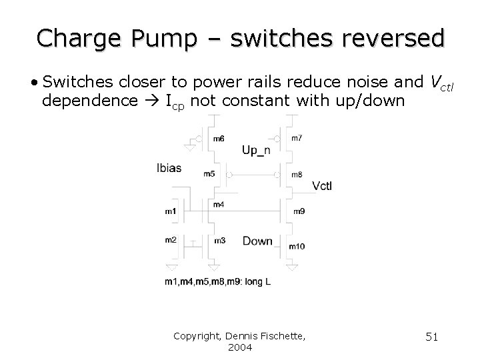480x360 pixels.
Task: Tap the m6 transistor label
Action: click(x=219, y=139)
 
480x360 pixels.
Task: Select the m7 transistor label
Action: click(x=297, y=138)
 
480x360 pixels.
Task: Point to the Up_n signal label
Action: click(x=256, y=151)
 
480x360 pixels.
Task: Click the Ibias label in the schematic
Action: click(x=169, y=168)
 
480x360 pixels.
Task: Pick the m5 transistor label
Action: click(x=209, y=175)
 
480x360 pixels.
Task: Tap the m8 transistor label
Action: click(x=297, y=175)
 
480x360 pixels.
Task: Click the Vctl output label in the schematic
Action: click(x=321, y=185)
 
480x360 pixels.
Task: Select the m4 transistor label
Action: click(x=219, y=205)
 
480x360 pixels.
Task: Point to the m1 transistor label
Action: click(x=171, y=211)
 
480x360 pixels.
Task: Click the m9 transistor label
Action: click(x=299, y=211)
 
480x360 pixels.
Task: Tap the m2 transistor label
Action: click(x=171, y=240)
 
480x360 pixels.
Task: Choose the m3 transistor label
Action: click(x=219, y=240)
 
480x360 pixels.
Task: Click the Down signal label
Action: click(x=257, y=241)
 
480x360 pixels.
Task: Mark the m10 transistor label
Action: click(x=297, y=247)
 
